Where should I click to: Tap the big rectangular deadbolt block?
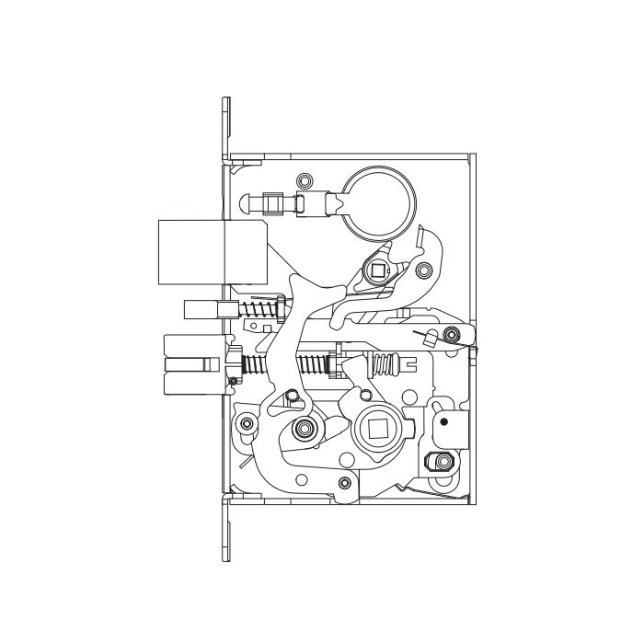point(191,251)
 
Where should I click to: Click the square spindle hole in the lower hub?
point(378,429)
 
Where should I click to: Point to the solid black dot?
point(444,422)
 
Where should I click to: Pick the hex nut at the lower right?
point(443,462)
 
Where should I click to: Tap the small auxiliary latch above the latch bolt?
point(201,307)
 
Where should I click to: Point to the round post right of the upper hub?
point(423,271)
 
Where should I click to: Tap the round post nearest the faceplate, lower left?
point(246,424)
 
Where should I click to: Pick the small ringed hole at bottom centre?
point(344,483)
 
